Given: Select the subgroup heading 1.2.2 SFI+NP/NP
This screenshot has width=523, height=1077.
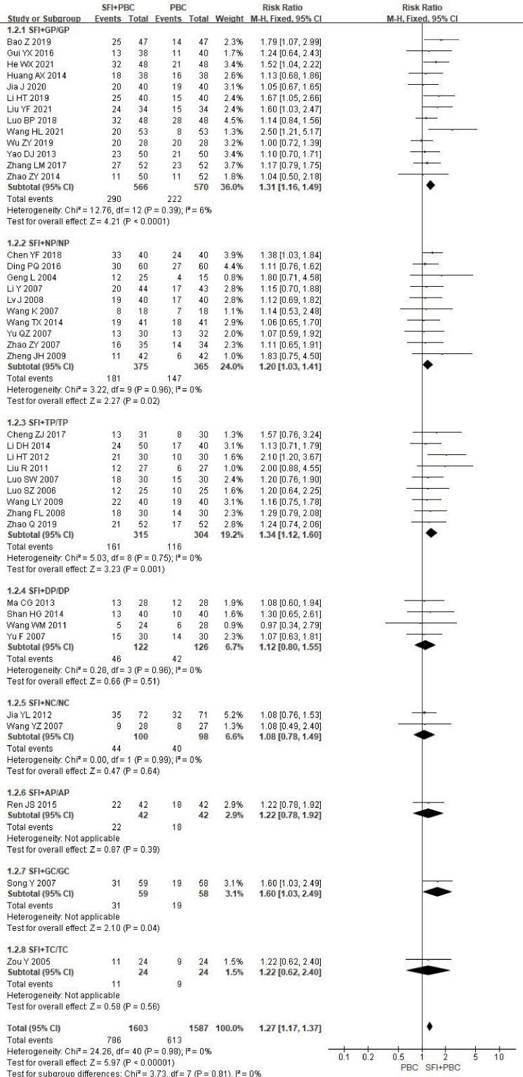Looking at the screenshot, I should pyautogui.click(x=38, y=243).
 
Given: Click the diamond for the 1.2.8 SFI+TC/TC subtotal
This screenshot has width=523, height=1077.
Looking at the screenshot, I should pyautogui.click(x=428, y=972).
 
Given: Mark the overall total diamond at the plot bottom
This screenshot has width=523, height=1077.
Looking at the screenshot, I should pyautogui.click(x=429, y=1027).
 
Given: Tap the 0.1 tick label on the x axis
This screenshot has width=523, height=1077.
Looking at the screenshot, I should pyautogui.click(x=343, y=1057).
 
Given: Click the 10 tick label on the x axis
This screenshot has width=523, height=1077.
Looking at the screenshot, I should pyautogui.click(x=499, y=1057).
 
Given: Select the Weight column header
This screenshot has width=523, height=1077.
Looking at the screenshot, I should pyautogui.click(x=229, y=19).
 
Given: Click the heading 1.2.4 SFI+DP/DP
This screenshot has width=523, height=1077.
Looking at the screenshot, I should pyautogui.click(x=38, y=590).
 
